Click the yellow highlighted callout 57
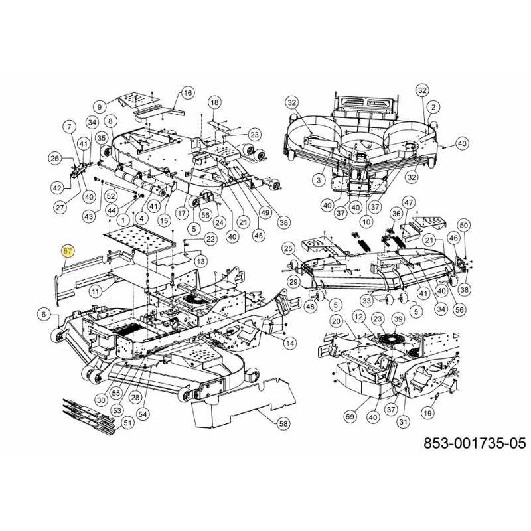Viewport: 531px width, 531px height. [x=67, y=251]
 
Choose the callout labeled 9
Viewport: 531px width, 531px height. [x=101, y=106]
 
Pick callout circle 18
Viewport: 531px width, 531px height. [x=214, y=102]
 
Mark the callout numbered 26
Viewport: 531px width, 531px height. [x=56, y=158]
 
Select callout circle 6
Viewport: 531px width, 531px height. [x=44, y=314]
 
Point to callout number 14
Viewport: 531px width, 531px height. [x=289, y=342]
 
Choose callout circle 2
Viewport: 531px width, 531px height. [x=434, y=106]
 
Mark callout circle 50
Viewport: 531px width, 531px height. [x=463, y=226]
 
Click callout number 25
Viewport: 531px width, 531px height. [x=287, y=248]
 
